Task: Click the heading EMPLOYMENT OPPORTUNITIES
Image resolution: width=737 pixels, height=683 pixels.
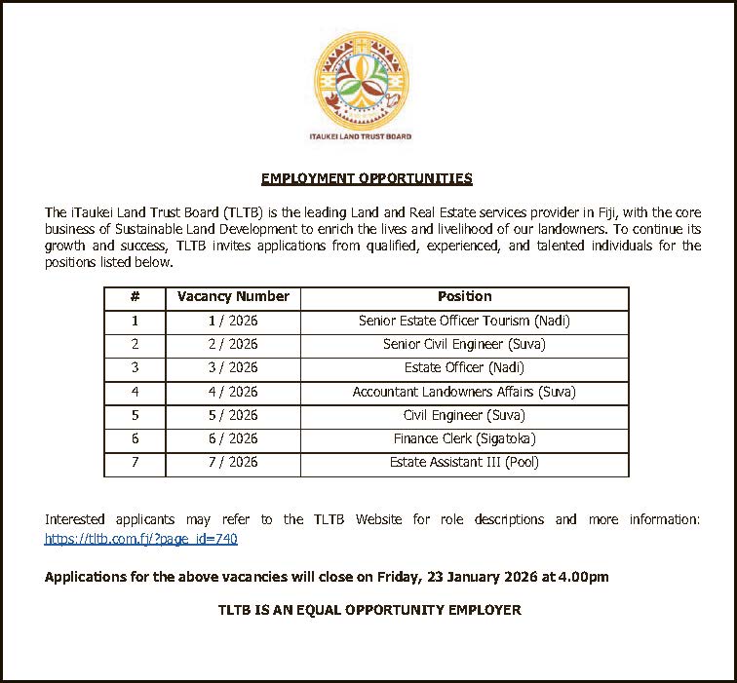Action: [x=367, y=178]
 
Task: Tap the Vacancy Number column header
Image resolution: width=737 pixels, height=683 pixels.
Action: [x=233, y=296]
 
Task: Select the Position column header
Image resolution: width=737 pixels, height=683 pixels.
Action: [x=464, y=296]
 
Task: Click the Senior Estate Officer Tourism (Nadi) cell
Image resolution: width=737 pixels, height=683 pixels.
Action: [x=464, y=321]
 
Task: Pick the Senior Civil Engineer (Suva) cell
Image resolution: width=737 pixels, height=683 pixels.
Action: [x=464, y=344]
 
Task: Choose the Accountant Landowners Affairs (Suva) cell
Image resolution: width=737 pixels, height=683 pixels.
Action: [x=464, y=392]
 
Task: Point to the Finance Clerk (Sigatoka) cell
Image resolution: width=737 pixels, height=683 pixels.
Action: [x=464, y=438]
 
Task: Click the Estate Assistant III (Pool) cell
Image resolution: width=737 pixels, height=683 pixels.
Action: [x=464, y=462]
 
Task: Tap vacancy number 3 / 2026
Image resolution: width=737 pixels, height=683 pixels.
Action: [x=233, y=367]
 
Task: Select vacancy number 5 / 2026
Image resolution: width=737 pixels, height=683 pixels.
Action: [x=233, y=415]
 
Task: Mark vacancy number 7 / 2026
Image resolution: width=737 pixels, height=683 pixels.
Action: [x=233, y=462]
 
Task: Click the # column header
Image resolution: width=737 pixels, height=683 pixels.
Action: [x=135, y=296]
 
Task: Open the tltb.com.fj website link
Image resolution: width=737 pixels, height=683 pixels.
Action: [x=141, y=539]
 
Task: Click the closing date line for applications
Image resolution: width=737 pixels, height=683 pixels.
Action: [x=327, y=577]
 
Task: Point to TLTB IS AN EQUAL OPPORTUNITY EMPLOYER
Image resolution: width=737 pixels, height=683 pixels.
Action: [x=368, y=610]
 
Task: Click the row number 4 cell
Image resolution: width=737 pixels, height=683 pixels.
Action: [x=135, y=392]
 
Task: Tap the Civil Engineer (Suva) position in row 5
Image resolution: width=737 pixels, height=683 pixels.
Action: [x=464, y=415]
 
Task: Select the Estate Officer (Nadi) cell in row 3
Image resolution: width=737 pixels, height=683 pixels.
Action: [x=464, y=367]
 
